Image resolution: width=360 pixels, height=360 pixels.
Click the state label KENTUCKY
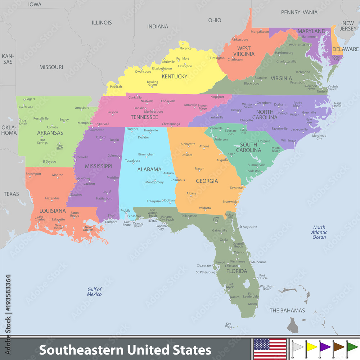pyautogui.click(x=174, y=76)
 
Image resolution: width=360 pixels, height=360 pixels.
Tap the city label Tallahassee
pyautogui.click(x=189, y=216)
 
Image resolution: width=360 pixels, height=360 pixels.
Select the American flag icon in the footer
pyautogui.click(x=270, y=349)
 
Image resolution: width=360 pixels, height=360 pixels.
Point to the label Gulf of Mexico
pyautogui.click(x=94, y=292)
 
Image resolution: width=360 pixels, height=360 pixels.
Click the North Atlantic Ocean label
pyautogui.click(x=319, y=232)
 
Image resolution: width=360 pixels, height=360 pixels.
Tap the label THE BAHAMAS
pyautogui.click(x=287, y=310)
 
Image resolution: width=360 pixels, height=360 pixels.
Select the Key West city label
pyautogui.click(x=228, y=325)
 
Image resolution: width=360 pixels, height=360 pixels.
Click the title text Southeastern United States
pyautogui.click(x=125, y=350)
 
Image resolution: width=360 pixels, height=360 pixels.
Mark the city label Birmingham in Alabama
pyautogui.click(x=147, y=154)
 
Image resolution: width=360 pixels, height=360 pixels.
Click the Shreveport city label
pyautogui.click(x=33, y=174)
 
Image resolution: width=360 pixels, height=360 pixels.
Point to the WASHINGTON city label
pyautogui.click(x=299, y=45)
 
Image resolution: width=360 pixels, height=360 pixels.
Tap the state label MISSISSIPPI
pyautogui.click(x=99, y=166)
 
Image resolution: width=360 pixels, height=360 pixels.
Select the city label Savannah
pyautogui.click(x=237, y=188)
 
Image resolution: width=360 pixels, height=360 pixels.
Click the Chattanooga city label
pyautogui.click(x=171, y=124)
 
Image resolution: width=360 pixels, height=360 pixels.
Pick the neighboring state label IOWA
pyautogui.click(x=35, y=5)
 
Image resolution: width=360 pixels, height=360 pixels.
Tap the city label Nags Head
pyautogui.click(x=338, y=104)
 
